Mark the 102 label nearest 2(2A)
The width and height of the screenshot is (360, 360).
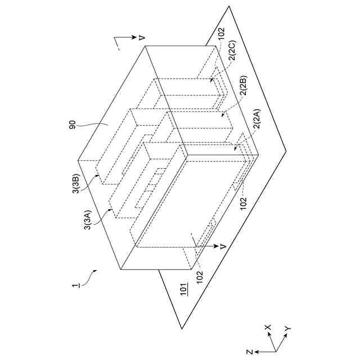(243, 202)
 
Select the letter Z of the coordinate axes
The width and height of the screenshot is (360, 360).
(249, 352)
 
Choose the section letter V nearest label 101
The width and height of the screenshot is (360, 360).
(223, 246)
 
